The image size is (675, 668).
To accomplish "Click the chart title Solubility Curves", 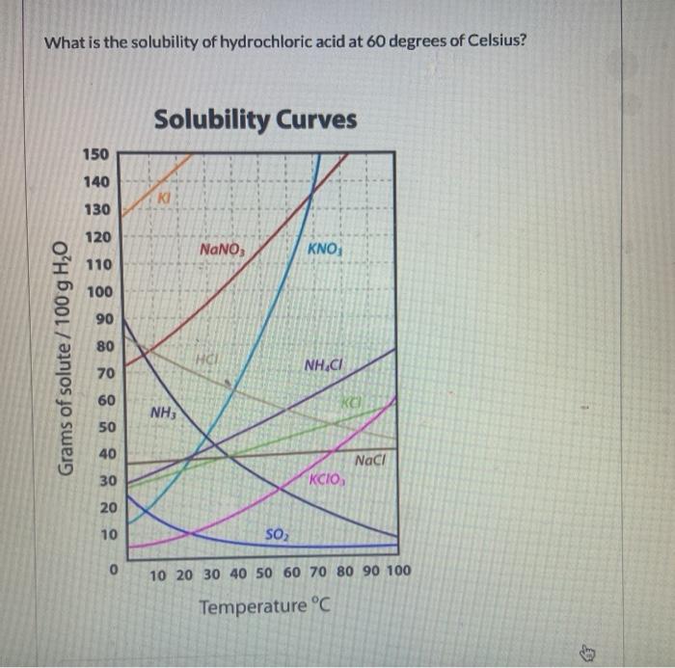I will [256, 120].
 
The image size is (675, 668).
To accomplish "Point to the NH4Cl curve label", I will [325, 365].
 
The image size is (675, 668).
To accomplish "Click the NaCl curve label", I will [370, 461].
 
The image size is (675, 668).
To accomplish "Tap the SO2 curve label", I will [275, 534].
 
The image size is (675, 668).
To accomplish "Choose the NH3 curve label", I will [161, 414].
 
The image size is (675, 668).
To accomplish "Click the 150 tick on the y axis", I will [100, 154].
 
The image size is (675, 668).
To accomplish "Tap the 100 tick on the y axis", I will [100, 291].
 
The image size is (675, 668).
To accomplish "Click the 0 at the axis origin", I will [113, 572].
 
